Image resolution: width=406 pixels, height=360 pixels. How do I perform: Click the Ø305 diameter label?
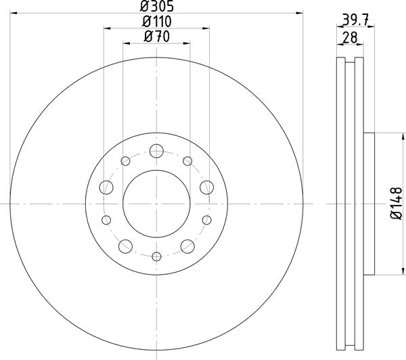tap(156, 7)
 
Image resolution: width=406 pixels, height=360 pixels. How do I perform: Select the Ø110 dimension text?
tap(156, 23)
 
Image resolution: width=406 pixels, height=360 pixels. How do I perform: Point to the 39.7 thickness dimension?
tap(351, 20)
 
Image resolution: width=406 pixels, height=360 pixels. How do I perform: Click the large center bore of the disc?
tap(156, 203)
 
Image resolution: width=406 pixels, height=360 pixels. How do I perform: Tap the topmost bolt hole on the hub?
tap(156, 150)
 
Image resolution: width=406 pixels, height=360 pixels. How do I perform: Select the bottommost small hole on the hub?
tap(156, 256)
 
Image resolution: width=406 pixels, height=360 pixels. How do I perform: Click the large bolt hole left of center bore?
tap(106, 187)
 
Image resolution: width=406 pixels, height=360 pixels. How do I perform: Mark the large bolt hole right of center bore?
tap(206, 187)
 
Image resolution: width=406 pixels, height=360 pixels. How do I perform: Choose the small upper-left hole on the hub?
tap(125, 160)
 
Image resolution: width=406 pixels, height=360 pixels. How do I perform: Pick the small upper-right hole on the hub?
tap(187, 160)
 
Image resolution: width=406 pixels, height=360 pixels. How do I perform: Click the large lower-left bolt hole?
tap(125, 246)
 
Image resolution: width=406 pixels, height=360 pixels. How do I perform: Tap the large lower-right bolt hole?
tap(187, 246)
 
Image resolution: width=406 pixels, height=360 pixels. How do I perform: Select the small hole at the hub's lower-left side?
tap(106, 219)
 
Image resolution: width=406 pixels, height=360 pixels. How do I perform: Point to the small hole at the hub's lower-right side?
tap(206, 219)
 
